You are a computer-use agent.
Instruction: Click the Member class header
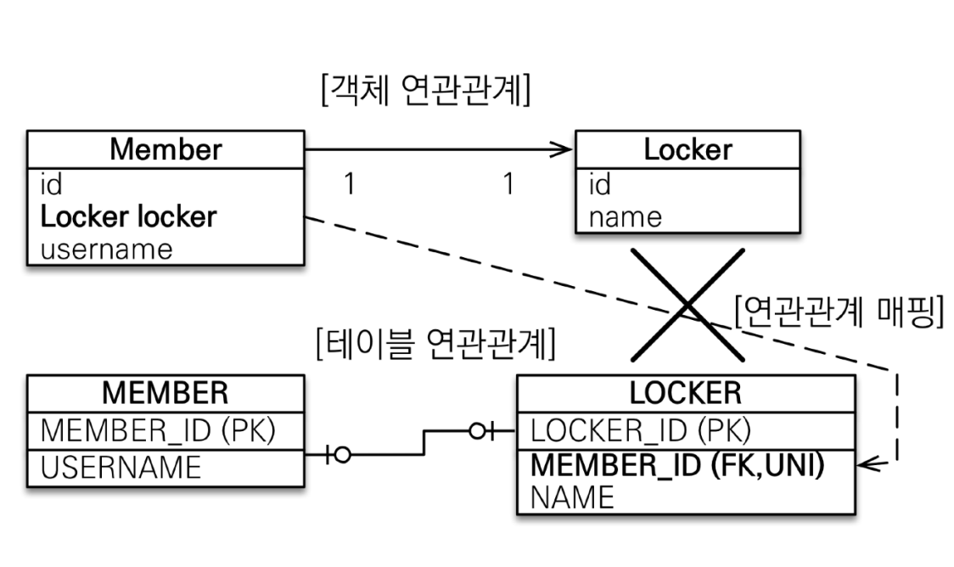point(166,149)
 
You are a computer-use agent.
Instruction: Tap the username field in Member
point(107,249)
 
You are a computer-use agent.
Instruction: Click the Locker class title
point(687,149)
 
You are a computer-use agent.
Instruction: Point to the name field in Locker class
point(625,217)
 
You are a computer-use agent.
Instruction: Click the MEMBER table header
point(165,393)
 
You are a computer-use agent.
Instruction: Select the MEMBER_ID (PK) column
point(159,430)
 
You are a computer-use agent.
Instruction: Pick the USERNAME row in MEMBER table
point(121,467)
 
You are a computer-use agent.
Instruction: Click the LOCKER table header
point(686,393)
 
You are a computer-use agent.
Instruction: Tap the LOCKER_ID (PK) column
point(641,430)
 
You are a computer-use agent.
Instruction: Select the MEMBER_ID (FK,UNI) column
point(678,465)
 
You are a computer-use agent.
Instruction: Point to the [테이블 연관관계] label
point(435,344)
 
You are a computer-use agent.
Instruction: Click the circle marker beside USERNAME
point(341,455)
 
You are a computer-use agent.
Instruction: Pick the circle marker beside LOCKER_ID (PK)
point(478,430)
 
